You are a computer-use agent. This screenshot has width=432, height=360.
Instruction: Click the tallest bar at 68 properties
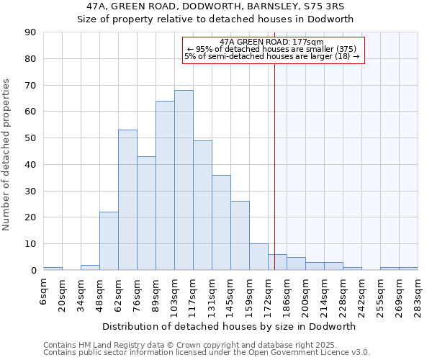(184, 180)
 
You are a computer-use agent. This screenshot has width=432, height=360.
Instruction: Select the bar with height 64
(165, 186)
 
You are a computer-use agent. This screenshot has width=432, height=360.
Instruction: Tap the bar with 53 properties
(127, 200)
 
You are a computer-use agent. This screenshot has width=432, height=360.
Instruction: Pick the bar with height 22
(109, 241)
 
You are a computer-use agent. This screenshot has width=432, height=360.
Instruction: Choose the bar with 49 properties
(202, 205)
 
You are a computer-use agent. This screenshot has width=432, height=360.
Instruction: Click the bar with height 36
(221, 222)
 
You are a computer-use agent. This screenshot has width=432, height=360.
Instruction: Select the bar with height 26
(240, 235)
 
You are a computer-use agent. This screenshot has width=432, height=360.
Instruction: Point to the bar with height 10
(258, 257)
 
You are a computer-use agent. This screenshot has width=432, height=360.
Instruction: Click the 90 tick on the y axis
(32, 32)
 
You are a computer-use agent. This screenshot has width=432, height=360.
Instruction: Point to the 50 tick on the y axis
(32, 138)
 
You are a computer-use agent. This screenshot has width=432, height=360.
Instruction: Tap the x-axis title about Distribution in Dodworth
(229, 326)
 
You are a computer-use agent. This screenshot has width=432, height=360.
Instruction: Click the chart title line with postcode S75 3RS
(215, 6)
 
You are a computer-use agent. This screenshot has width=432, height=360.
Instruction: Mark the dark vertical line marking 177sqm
(274, 166)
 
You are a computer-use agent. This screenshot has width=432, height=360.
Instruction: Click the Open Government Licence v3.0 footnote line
(207, 352)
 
